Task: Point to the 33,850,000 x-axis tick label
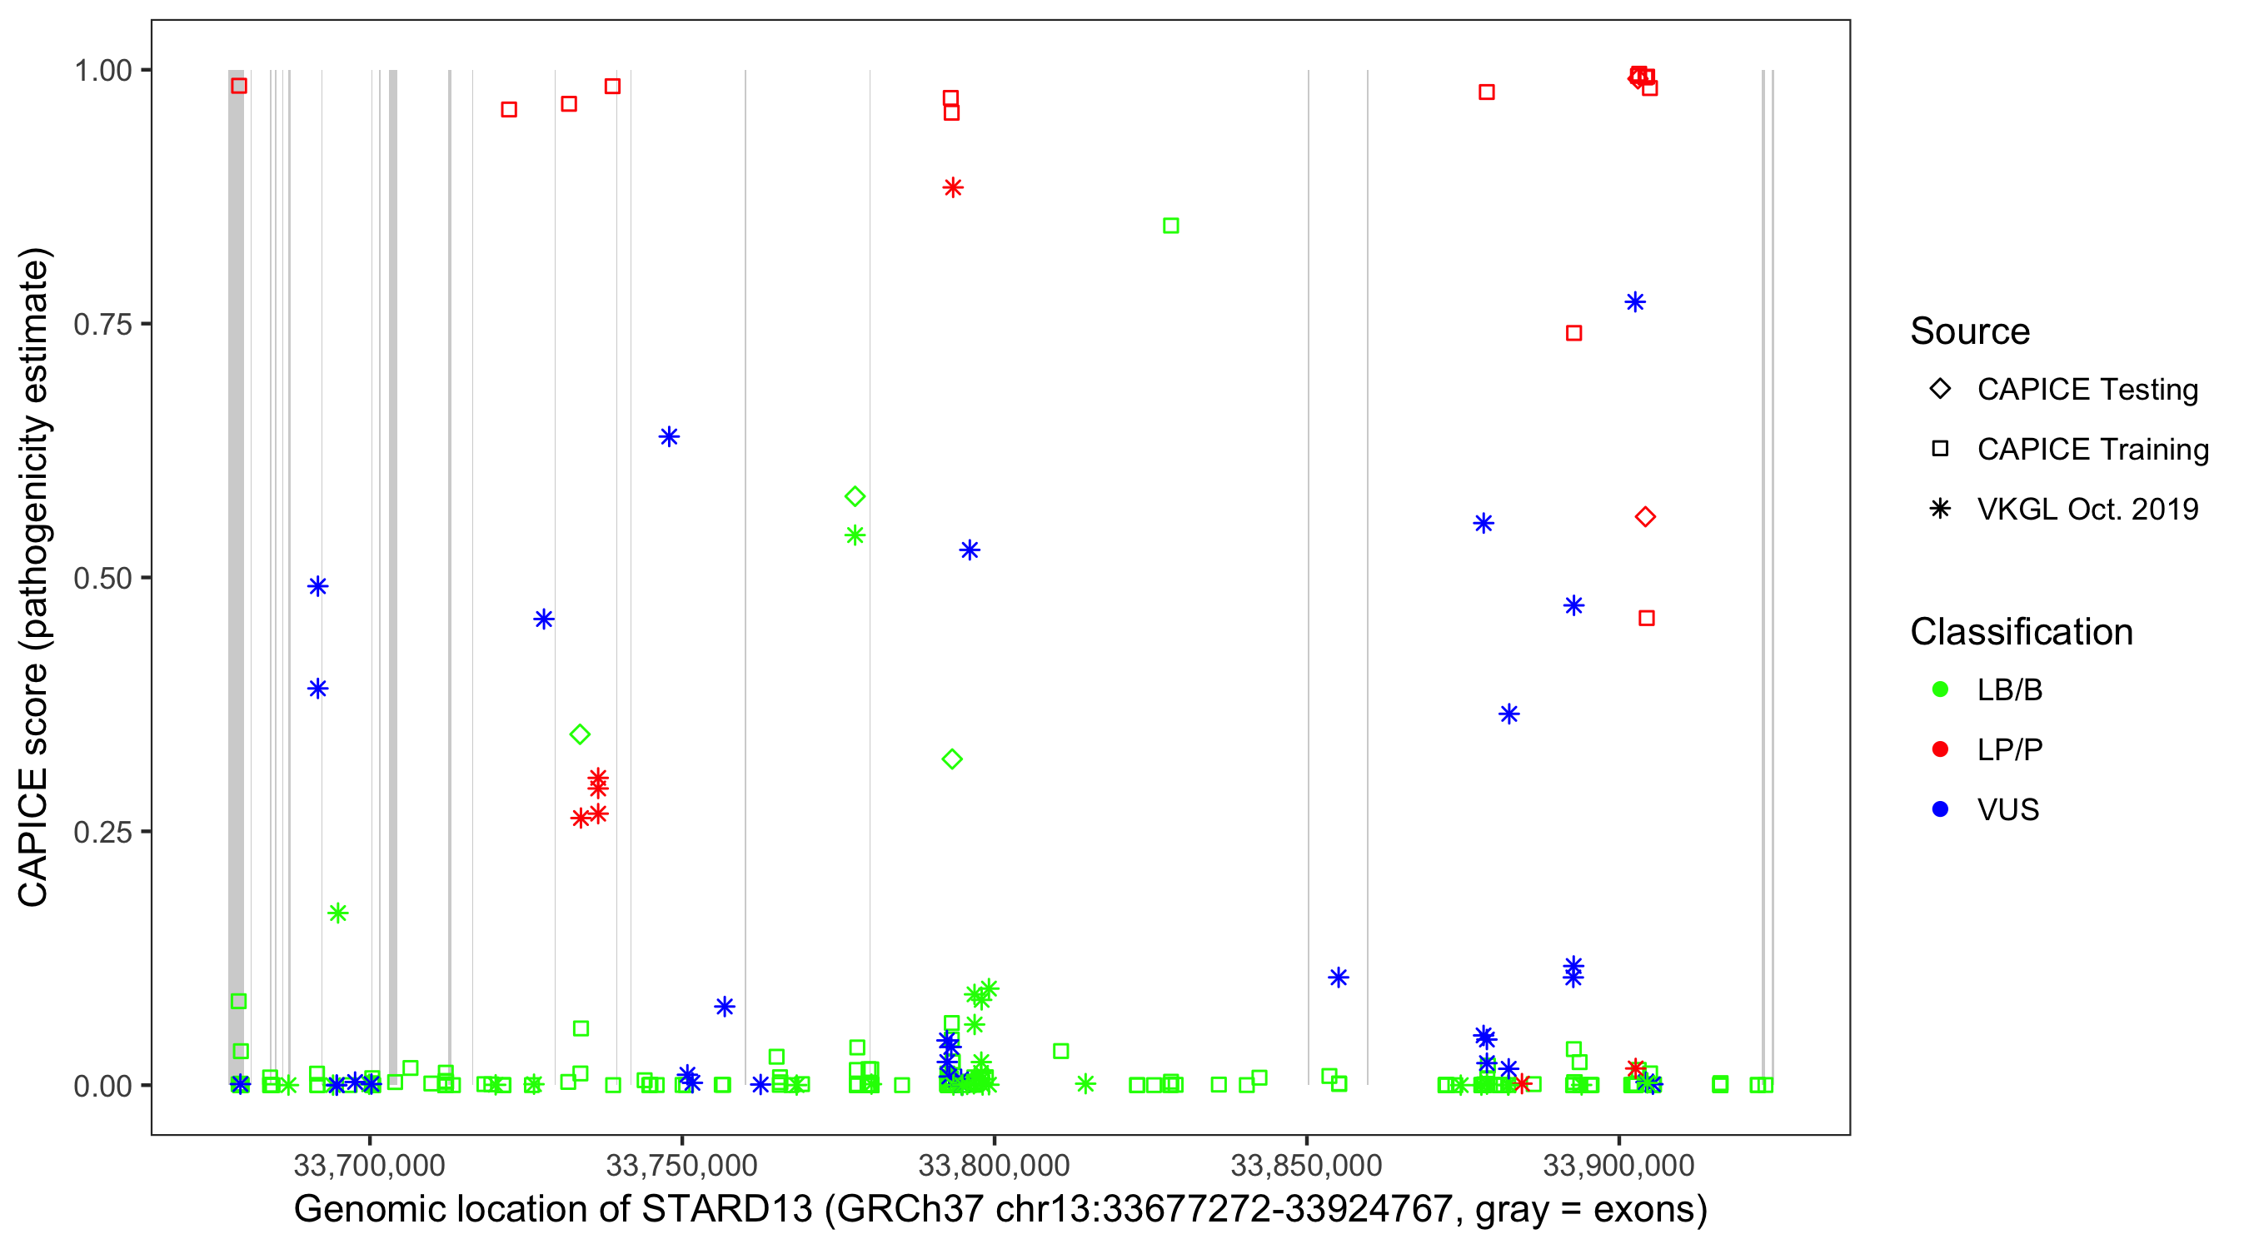[x=1306, y=1165]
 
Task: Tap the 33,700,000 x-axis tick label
[x=369, y=1165]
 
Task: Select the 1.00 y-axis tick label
[x=102, y=71]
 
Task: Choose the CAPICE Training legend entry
[x=1940, y=450]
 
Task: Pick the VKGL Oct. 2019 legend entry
[x=1940, y=510]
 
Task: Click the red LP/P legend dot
[x=1940, y=749]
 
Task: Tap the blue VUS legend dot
[x=1940, y=810]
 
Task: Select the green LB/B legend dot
[x=1940, y=689]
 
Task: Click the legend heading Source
[x=1970, y=331]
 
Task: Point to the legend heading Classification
[x=2021, y=632]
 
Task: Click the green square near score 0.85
[x=1171, y=226]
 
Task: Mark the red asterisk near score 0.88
[x=953, y=187]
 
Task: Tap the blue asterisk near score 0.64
[x=669, y=436]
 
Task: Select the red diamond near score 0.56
[x=1645, y=518]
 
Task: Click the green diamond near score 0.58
[x=855, y=496]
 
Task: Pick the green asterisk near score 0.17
[x=338, y=913]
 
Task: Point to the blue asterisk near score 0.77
[x=1635, y=302]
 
